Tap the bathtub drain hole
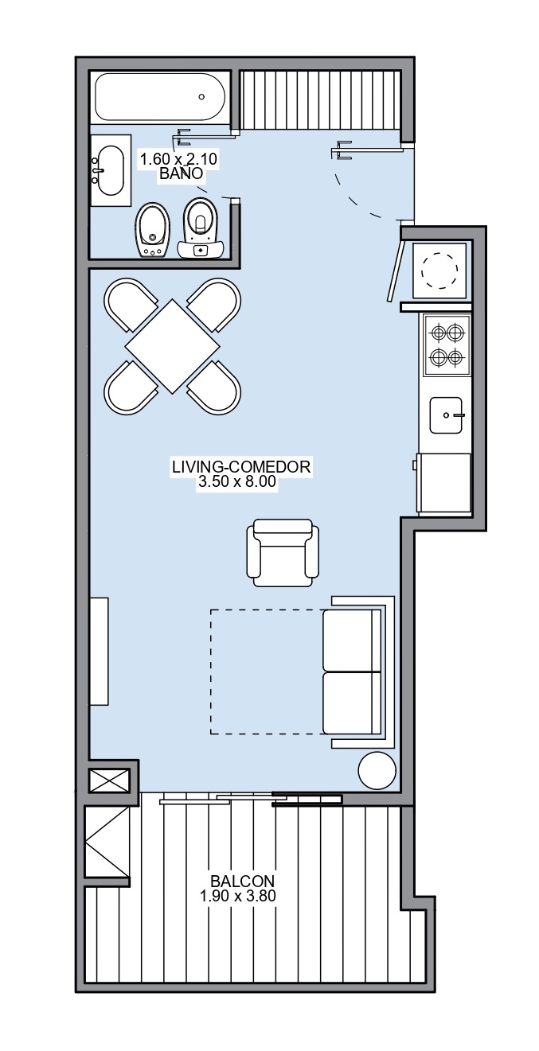[201, 96]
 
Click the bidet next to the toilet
[153, 230]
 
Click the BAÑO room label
[182, 173]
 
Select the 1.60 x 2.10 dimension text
[179, 159]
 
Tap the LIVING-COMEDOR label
[241, 467]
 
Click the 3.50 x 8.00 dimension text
[237, 482]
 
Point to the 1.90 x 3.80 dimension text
[237, 896]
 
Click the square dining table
[172, 347]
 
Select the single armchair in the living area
[283, 553]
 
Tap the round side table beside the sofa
[377, 771]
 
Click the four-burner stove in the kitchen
[447, 345]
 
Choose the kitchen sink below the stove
[447, 415]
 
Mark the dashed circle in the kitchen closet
[439, 271]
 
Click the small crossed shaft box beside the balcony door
[109, 780]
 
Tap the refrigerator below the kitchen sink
[443, 483]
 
